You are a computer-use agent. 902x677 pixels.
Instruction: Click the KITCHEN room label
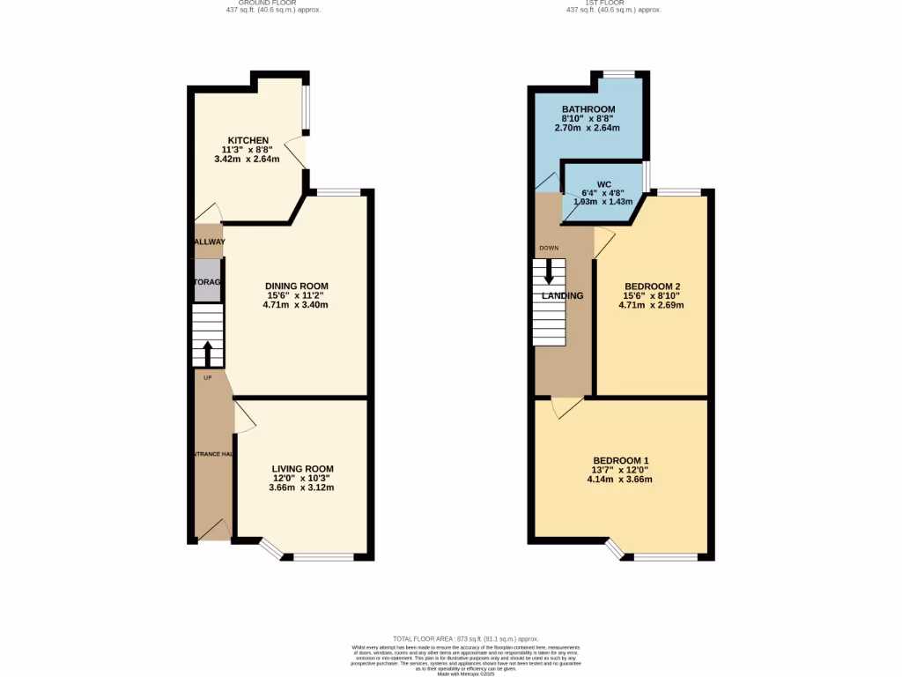(248, 141)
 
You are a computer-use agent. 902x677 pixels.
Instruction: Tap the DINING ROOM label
(296, 286)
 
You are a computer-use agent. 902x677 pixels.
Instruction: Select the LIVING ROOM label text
(302, 468)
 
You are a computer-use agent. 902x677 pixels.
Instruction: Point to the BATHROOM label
(588, 109)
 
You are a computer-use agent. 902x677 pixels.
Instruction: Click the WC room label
(603, 185)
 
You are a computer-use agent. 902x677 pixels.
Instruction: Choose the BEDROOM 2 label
(652, 286)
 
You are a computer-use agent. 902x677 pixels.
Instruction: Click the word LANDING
(562, 296)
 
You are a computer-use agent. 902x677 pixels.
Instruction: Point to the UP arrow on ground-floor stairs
(208, 353)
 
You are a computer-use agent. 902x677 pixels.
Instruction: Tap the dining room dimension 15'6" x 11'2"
(296, 296)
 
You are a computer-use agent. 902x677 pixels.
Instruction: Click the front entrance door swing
(214, 530)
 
